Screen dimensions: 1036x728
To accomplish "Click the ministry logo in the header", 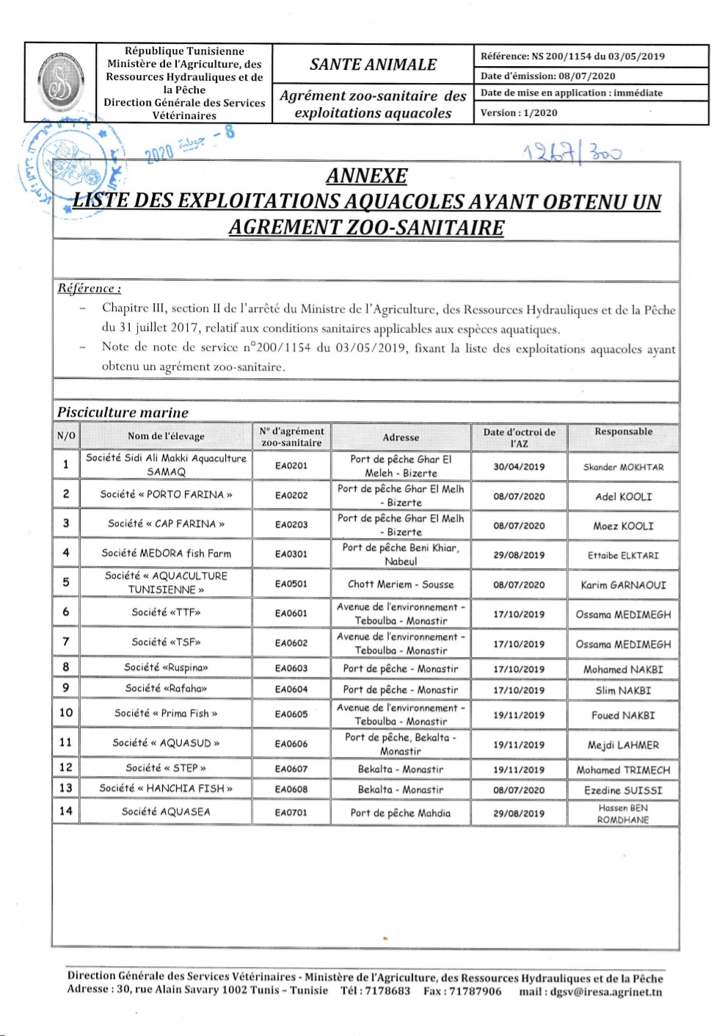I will (60, 82).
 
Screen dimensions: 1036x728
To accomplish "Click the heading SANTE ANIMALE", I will (373, 65).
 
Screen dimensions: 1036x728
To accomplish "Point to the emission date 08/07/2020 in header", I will (586, 76).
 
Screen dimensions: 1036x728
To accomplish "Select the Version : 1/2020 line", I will (519, 112).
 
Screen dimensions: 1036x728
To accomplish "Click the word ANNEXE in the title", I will (366, 176).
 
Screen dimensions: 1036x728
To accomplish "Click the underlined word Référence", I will (89, 289).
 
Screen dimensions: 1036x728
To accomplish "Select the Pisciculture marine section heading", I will (123, 413).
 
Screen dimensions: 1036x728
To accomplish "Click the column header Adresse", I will (401, 437).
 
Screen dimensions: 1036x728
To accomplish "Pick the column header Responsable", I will (623, 432).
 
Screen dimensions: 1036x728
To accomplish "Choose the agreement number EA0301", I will (291, 554).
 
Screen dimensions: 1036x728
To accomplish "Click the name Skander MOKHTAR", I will (623, 467).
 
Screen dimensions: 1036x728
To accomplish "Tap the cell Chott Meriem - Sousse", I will (401, 584).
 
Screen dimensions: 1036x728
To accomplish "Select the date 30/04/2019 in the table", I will (519, 466).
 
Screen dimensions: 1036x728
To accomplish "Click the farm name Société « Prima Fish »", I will (166, 713).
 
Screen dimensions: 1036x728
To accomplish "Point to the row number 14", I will (66, 811).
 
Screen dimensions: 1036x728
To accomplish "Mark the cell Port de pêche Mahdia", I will (401, 813).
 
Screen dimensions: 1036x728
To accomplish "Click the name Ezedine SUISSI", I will (623, 791).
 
